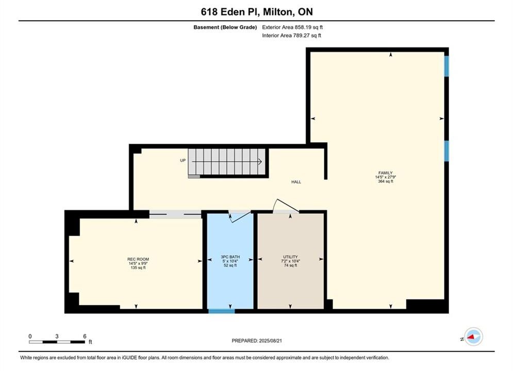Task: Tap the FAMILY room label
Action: pos(386,173)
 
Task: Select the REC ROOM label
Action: pos(138,259)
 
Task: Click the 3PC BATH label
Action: pos(230,257)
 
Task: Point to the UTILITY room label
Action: pos(290,257)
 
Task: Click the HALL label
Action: pos(296,182)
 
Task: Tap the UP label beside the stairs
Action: pos(183,160)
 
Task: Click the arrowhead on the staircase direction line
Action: pos(260,161)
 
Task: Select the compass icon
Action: pos(473,336)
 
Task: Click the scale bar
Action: pos(57,342)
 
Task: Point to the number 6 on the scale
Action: pos(85,336)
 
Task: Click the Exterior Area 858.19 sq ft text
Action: pos(292,27)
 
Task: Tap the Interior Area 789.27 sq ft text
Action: pos(291,36)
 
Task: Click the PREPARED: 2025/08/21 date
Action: pos(257,341)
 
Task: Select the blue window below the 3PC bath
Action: pos(222,311)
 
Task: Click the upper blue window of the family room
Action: pos(446,66)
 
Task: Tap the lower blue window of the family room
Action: pos(446,151)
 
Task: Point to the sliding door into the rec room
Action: pos(175,214)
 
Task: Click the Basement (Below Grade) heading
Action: pos(225,27)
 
